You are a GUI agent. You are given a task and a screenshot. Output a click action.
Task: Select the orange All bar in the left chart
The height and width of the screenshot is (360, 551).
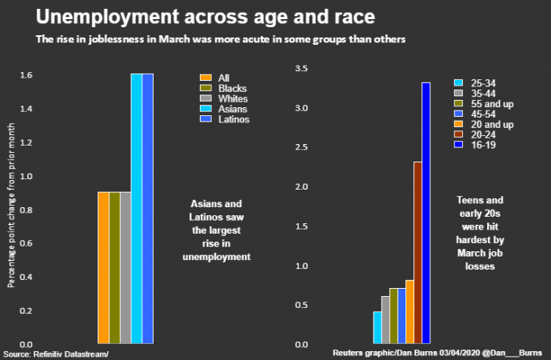[103, 268]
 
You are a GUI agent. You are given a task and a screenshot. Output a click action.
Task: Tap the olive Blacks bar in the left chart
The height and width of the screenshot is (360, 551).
[114, 268]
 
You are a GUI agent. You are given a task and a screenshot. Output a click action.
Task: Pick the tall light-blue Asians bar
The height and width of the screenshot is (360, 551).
[137, 208]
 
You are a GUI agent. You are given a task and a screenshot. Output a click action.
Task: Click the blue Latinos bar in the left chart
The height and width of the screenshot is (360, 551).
[148, 208]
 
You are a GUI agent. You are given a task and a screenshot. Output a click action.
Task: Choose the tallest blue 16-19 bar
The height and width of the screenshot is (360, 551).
[426, 213]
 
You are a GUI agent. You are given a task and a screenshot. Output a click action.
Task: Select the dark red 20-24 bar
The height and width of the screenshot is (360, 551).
[417, 252]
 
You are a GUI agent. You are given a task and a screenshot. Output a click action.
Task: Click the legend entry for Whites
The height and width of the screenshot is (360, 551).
[224, 98]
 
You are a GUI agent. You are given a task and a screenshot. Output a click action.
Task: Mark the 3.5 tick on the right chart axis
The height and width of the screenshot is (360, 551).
[301, 70]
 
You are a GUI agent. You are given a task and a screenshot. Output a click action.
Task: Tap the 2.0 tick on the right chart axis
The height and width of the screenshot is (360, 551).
[301, 187]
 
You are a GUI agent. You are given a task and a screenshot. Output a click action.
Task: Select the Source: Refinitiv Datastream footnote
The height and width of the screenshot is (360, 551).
[55, 354]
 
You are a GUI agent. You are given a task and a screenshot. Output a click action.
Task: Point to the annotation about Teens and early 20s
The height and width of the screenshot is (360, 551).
[480, 232]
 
